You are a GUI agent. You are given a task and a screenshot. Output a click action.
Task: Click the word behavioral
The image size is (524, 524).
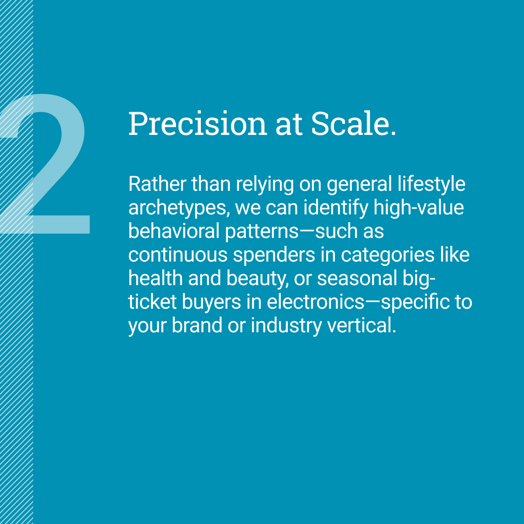(173, 231)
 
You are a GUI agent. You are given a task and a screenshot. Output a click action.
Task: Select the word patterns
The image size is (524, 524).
(261, 231)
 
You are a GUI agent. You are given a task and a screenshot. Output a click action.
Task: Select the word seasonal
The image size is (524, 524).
(357, 279)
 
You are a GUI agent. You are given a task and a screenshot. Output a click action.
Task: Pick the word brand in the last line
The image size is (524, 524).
(196, 326)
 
